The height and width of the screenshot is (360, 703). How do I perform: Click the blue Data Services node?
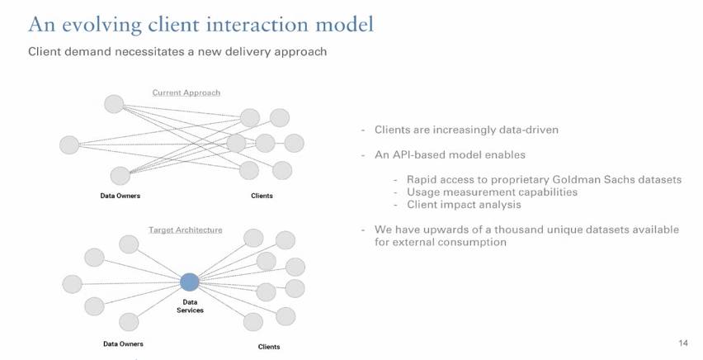coord(190,282)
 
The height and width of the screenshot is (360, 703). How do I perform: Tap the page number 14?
coord(682,342)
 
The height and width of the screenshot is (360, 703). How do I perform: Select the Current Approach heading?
coord(186,92)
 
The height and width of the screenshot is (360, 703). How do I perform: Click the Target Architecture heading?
coord(185,230)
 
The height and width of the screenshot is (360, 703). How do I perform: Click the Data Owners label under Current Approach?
coord(120,196)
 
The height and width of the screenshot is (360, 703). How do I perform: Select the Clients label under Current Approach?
coord(262,196)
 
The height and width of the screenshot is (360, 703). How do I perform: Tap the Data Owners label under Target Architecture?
coord(123,343)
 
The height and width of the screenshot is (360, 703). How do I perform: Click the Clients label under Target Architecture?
coord(269,347)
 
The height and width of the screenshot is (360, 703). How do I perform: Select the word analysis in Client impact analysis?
coord(498,204)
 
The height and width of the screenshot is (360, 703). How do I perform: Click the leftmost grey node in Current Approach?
coord(70,145)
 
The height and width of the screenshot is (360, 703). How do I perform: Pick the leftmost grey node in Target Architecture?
coord(73,284)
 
